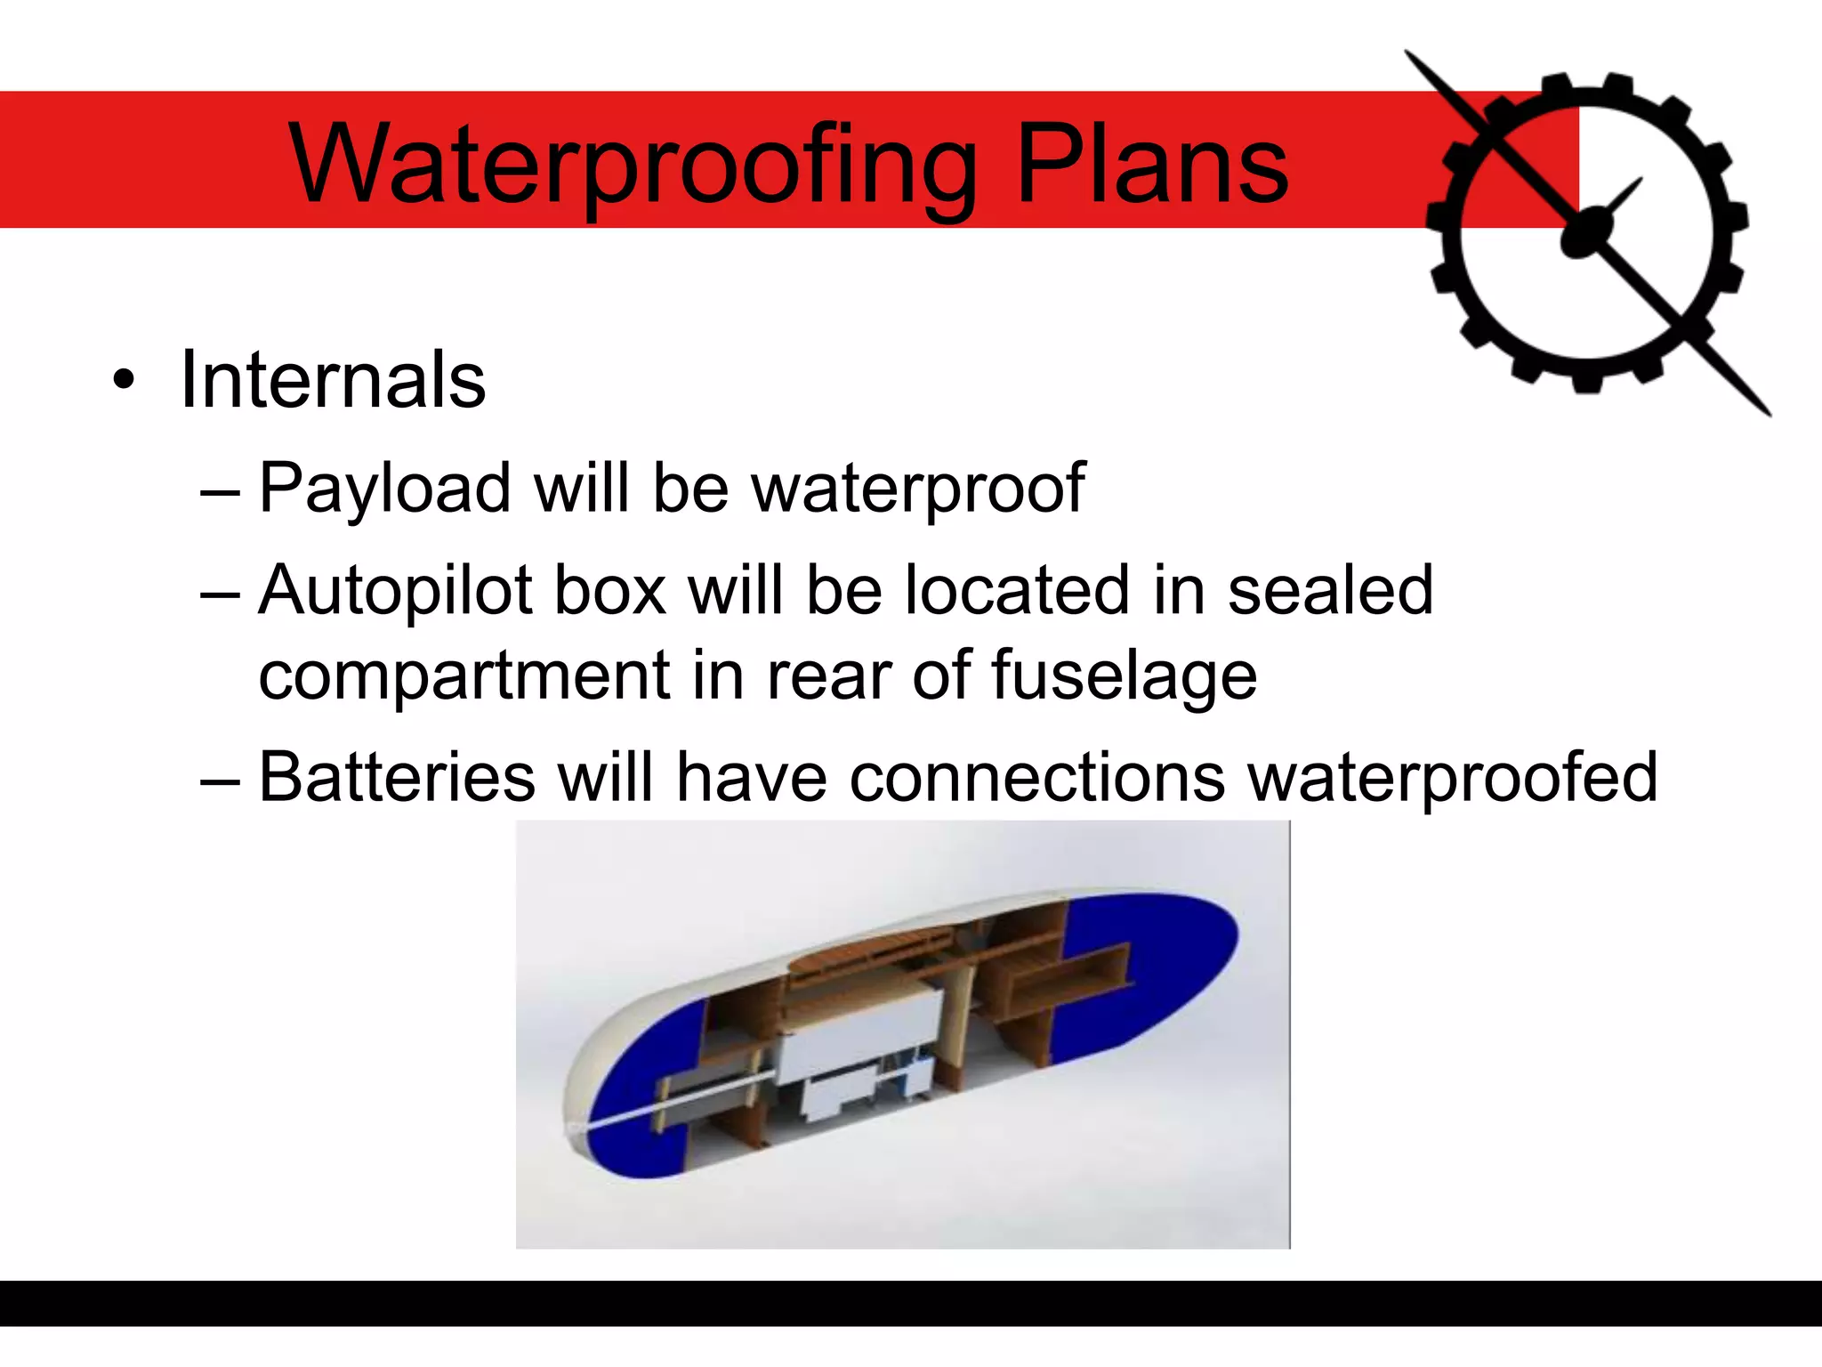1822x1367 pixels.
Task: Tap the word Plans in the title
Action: [1151, 165]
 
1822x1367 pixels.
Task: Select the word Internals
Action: [333, 380]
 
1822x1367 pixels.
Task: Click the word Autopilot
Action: [395, 591]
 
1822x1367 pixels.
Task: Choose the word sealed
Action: [1330, 589]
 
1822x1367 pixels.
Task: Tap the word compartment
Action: [463, 675]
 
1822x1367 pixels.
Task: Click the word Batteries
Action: [397, 777]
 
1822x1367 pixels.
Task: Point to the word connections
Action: [1036, 777]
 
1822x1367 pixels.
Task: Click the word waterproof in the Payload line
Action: [917, 489]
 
